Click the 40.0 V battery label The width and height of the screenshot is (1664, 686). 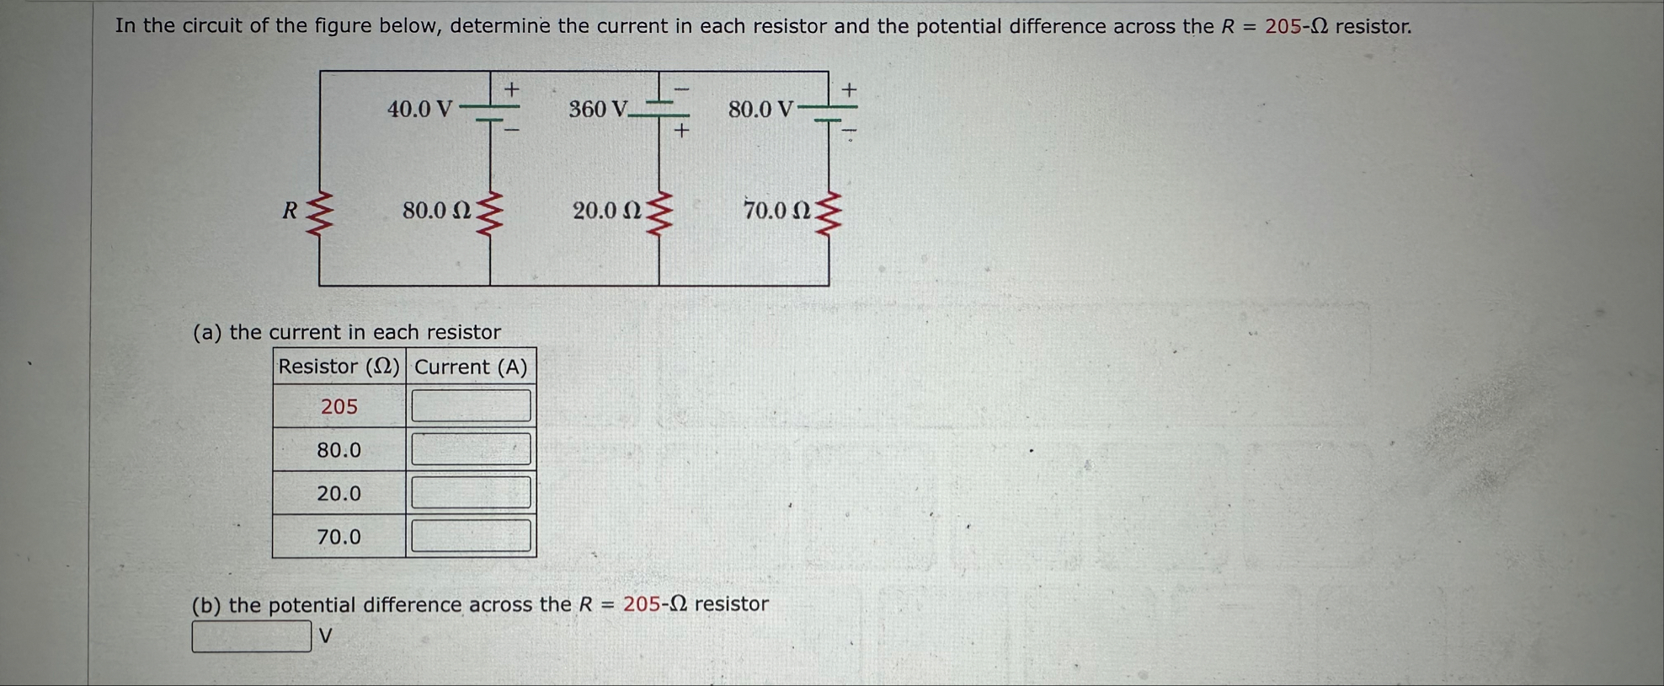(419, 110)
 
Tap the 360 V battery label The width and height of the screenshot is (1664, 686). (598, 110)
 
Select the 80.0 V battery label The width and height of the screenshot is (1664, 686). (760, 110)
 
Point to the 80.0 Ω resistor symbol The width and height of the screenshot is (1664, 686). (490, 212)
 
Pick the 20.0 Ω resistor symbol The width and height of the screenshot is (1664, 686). (659, 212)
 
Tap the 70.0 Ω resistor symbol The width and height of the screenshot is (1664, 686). (829, 212)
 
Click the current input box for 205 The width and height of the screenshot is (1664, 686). (471, 405)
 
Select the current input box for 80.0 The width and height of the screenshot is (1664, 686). (471, 449)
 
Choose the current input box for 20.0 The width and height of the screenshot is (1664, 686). (471, 492)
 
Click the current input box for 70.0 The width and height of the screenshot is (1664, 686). (471, 536)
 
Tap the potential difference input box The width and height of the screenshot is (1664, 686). (251, 636)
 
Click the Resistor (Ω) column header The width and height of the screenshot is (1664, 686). (339, 367)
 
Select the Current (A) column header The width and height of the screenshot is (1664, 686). (471, 367)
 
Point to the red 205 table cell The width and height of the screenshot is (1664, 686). (339, 407)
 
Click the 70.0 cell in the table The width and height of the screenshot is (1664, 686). (339, 537)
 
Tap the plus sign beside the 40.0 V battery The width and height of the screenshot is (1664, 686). (511, 88)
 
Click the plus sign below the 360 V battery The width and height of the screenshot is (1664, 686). (681, 131)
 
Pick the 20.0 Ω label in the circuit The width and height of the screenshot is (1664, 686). (606, 211)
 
